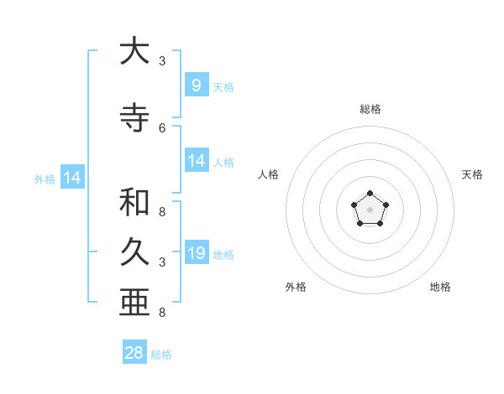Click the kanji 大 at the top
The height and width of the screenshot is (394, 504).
pyautogui.click(x=134, y=52)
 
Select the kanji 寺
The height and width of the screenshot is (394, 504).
pyautogui.click(x=134, y=118)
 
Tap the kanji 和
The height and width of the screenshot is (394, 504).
pyautogui.click(x=134, y=203)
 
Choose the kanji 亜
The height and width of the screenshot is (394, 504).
pyautogui.click(x=134, y=302)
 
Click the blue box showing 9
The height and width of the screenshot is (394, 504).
pyautogui.click(x=196, y=85)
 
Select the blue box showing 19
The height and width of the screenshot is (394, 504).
pyautogui.click(x=197, y=252)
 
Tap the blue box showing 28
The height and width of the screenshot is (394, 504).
pyautogui.click(x=134, y=353)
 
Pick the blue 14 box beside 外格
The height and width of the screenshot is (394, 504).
pyautogui.click(x=71, y=178)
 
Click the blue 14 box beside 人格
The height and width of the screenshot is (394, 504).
pyautogui.click(x=197, y=161)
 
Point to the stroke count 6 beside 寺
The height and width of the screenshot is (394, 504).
pyautogui.click(x=162, y=127)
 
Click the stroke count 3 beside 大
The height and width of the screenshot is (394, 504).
pyautogui.click(x=162, y=61)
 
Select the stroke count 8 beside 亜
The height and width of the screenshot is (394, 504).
pyautogui.click(x=162, y=313)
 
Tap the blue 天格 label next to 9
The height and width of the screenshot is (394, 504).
pyautogui.click(x=223, y=86)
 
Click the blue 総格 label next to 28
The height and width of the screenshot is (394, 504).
pyautogui.click(x=161, y=355)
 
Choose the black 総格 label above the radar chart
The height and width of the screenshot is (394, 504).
pyautogui.click(x=370, y=109)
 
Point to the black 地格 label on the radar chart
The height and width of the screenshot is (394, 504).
pyautogui.click(x=440, y=287)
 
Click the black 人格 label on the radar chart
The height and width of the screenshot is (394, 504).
pyautogui.click(x=269, y=174)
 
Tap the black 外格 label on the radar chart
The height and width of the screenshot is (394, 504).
pyautogui.click(x=296, y=287)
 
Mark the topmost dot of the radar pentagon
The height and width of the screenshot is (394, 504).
pyautogui.click(x=370, y=194)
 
